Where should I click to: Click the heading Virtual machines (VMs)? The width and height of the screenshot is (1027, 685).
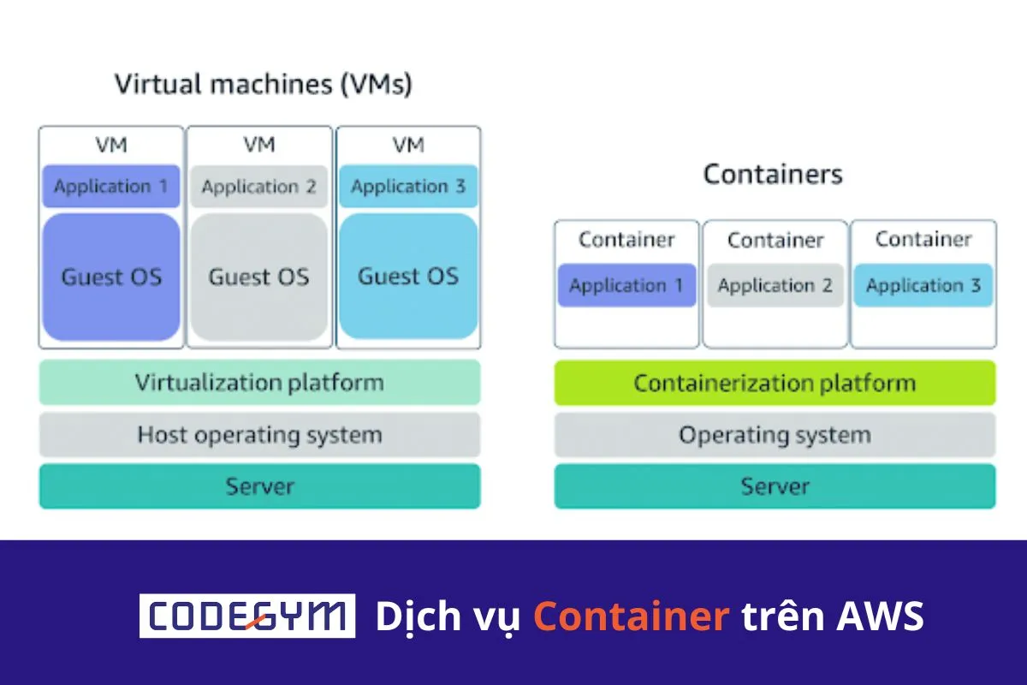(x=263, y=85)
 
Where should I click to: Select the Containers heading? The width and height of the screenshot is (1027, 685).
(x=773, y=175)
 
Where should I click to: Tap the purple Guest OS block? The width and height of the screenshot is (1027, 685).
(x=111, y=277)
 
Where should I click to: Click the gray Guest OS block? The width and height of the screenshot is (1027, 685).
(x=258, y=277)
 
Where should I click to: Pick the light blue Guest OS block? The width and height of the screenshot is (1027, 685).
(x=408, y=277)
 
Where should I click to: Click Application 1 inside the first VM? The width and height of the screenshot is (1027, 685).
(x=111, y=187)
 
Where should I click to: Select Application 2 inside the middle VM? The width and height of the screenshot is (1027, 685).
(x=258, y=187)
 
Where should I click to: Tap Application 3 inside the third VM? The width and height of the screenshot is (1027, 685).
(x=408, y=187)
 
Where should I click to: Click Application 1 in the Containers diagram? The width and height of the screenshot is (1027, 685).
(x=626, y=285)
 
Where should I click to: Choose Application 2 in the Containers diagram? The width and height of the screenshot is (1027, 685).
(x=775, y=285)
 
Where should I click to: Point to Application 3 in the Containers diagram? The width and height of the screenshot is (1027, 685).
(x=923, y=285)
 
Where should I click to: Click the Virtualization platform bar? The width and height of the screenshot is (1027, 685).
(x=259, y=383)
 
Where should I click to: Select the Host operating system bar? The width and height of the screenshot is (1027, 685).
(x=259, y=435)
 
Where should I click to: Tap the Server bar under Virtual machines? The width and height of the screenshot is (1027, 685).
(x=259, y=486)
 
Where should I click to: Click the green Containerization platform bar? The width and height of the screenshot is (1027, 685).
(x=775, y=383)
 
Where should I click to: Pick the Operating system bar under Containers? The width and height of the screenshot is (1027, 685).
(x=775, y=435)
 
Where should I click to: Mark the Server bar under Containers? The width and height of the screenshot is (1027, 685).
(x=775, y=486)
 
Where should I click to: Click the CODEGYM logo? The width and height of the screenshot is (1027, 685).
(x=247, y=616)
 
